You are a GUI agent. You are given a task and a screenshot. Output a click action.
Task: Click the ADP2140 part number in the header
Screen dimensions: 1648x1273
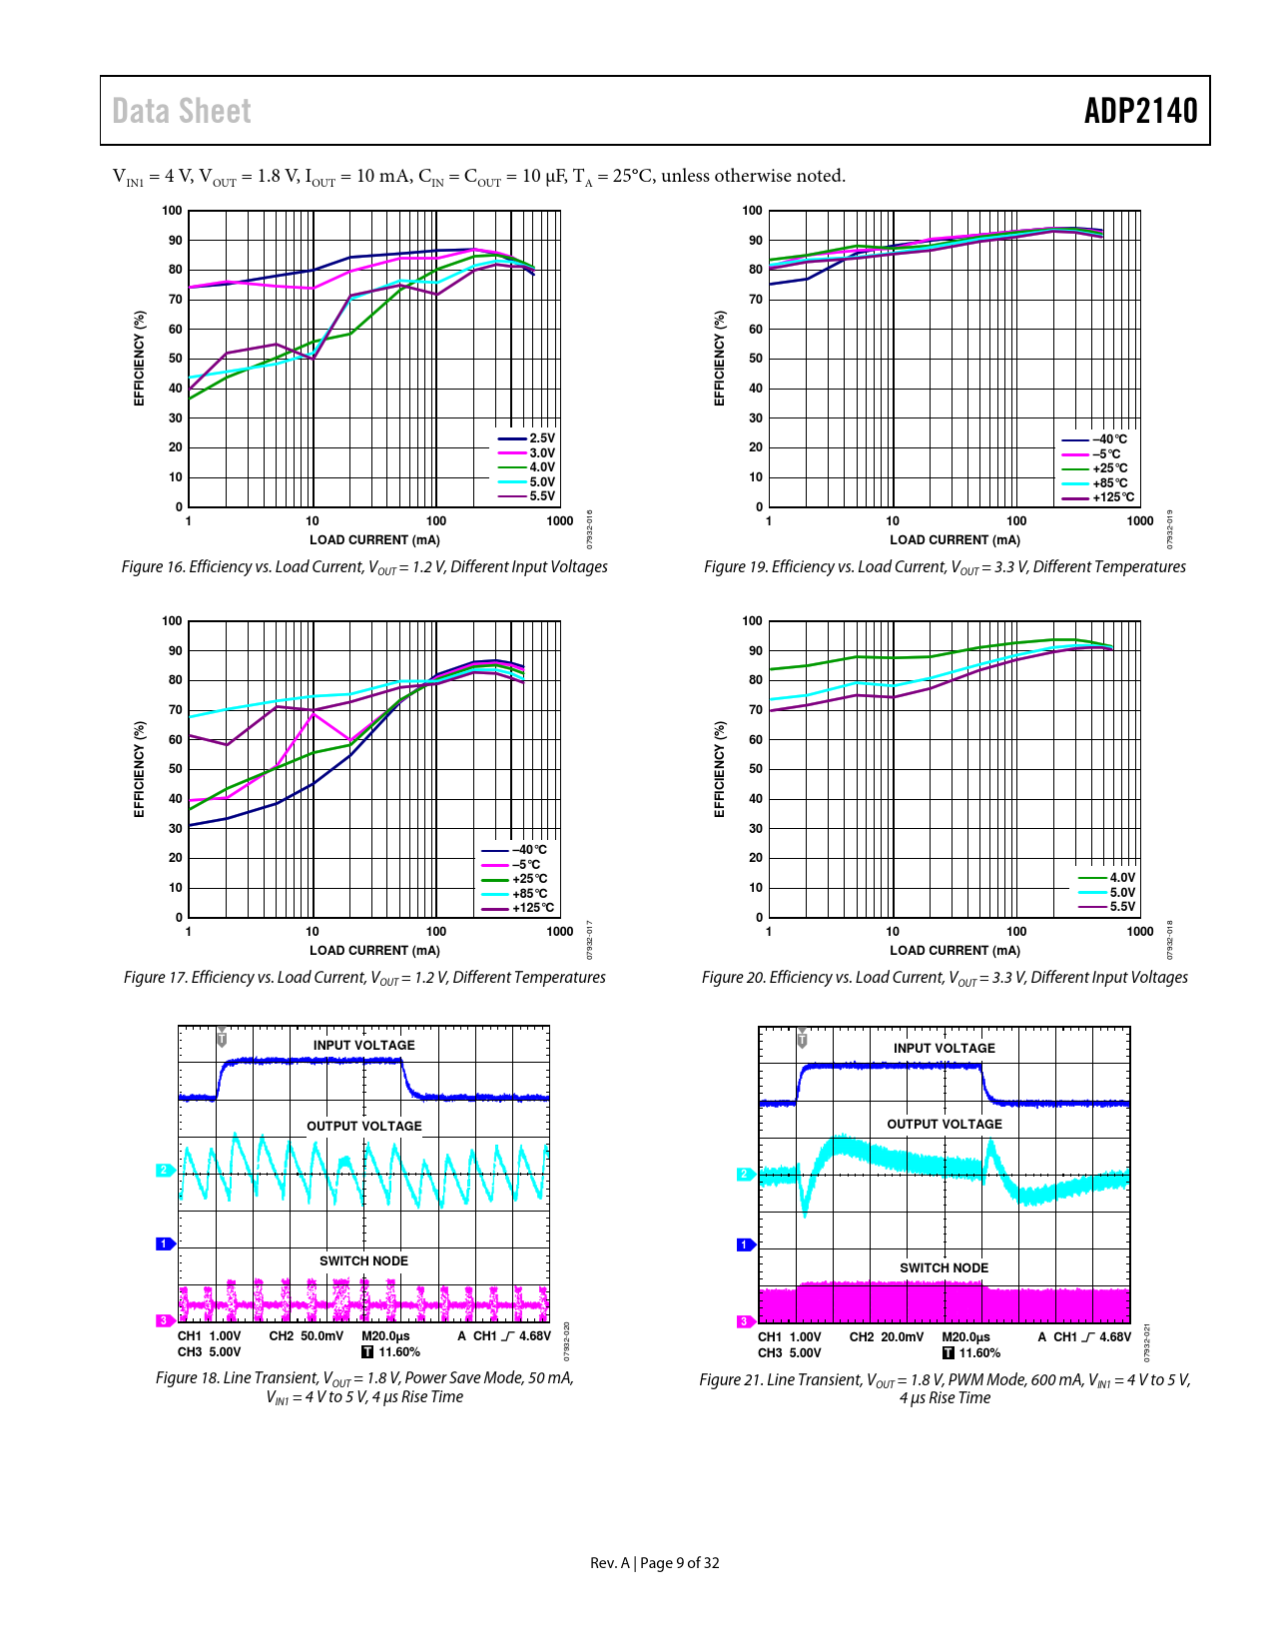click(x=1140, y=111)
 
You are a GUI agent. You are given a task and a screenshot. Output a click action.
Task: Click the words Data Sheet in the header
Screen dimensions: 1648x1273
click(x=182, y=111)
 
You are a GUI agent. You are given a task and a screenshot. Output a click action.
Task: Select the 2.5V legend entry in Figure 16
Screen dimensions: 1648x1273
click(x=541, y=438)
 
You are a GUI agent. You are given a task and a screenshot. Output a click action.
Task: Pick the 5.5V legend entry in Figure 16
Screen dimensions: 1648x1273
click(x=541, y=496)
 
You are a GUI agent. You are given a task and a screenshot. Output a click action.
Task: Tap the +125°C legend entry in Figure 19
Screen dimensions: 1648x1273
click(x=1112, y=497)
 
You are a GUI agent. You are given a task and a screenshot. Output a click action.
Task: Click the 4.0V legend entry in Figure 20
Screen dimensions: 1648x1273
click(x=1122, y=878)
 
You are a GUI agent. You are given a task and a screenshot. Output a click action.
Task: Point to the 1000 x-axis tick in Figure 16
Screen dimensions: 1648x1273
click(x=560, y=521)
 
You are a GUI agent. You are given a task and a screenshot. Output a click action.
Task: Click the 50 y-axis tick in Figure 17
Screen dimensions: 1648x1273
click(x=176, y=769)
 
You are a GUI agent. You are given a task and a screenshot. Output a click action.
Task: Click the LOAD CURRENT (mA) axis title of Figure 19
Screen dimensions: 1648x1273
click(x=955, y=540)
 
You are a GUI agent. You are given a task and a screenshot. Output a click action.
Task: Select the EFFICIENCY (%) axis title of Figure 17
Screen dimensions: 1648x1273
click(x=140, y=769)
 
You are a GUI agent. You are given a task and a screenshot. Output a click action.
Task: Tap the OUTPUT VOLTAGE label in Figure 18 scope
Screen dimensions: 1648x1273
click(x=364, y=1126)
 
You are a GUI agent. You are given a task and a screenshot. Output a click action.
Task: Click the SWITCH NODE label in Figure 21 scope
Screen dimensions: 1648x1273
click(x=944, y=1268)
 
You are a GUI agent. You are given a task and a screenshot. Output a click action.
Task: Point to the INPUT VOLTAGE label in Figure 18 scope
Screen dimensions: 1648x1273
click(x=364, y=1046)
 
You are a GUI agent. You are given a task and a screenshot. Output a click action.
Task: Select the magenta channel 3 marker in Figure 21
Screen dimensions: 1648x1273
click(x=744, y=1321)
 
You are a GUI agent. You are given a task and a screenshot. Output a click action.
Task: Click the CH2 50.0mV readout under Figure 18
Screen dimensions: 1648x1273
click(x=306, y=1336)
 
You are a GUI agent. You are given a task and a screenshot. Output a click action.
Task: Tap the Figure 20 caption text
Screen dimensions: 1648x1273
click(x=945, y=978)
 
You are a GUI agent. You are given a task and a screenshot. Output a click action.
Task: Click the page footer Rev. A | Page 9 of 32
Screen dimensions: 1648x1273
click(x=655, y=1563)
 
